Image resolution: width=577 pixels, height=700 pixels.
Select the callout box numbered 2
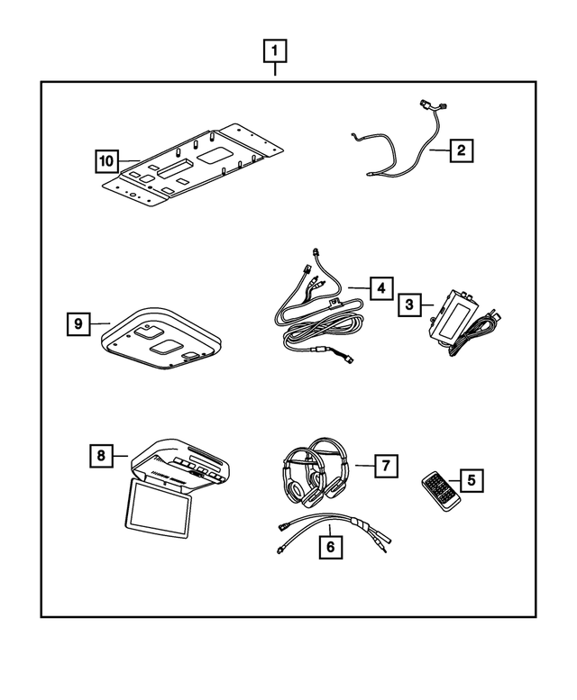460,150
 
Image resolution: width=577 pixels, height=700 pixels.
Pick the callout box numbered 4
381,287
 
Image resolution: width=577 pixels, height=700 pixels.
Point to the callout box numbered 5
470,480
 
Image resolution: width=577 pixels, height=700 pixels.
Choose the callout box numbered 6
331,546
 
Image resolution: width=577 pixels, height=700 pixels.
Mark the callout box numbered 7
384,465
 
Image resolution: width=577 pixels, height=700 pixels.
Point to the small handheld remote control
441,492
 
